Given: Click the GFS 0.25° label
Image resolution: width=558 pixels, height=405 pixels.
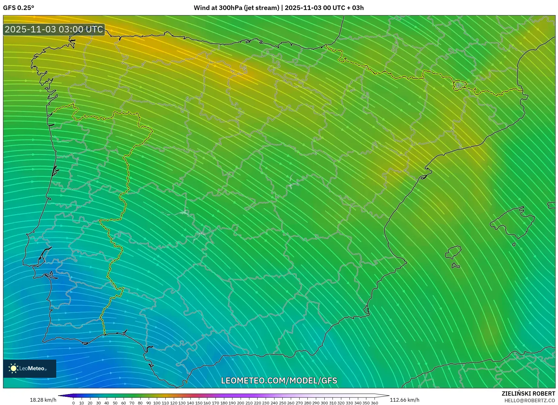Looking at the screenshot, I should click(x=18, y=8).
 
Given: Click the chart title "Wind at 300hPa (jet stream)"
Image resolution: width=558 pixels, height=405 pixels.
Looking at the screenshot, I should click(x=236, y=8).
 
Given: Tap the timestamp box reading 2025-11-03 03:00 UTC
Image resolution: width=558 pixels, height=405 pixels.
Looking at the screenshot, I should click(x=54, y=29).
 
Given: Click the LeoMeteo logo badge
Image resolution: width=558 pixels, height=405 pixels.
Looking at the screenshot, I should click(x=30, y=368).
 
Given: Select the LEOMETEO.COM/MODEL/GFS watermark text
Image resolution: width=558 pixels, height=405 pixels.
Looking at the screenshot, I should click(x=279, y=380).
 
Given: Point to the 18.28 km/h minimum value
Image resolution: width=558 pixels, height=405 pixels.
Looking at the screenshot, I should click(x=43, y=400).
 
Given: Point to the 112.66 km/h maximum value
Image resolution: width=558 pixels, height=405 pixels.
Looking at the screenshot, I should click(x=404, y=400).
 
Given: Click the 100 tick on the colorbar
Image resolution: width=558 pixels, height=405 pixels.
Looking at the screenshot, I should click(x=157, y=403).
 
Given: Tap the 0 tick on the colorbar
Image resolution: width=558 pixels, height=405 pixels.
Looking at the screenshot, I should click(x=73, y=403).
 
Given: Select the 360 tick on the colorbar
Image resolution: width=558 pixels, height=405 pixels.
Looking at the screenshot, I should click(x=374, y=403).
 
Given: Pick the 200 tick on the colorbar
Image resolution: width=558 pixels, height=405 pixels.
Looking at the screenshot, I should click(x=240, y=403).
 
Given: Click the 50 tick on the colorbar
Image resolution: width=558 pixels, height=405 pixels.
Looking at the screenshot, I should click(x=115, y=403).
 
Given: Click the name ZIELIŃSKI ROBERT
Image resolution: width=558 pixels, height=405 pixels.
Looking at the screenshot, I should click(x=528, y=394).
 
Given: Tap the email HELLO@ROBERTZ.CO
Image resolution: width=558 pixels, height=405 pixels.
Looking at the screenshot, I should click(x=530, y=400).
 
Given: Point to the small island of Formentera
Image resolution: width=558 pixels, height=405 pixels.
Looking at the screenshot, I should click(x=456, y=266).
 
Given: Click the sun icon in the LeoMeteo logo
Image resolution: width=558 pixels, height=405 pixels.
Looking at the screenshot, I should click(x=13, y=368).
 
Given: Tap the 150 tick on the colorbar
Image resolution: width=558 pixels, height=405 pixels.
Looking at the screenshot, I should click(x=199, y=403).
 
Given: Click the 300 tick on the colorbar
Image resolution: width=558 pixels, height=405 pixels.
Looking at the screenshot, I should click(x=324, y=403).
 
